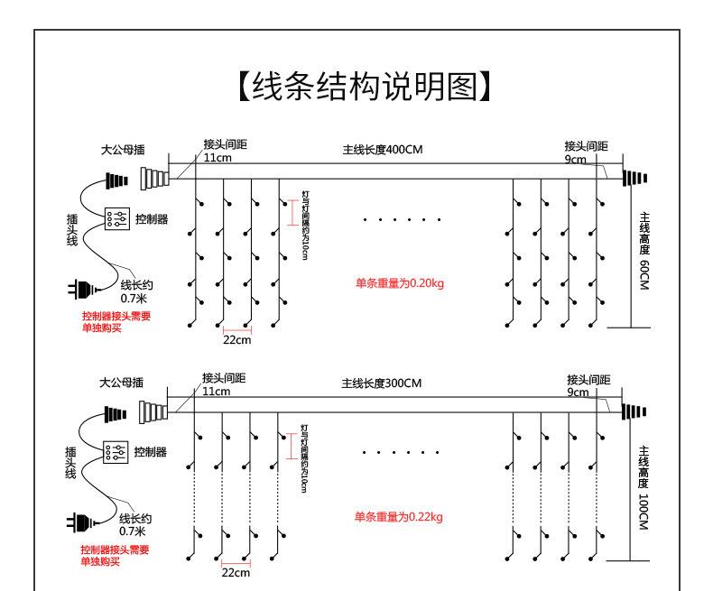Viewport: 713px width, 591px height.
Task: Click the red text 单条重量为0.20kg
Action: (x=399, y=282)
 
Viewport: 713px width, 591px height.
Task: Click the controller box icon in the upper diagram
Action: (x=116, y=219)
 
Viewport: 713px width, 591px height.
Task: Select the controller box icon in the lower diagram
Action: (x=116, y=452)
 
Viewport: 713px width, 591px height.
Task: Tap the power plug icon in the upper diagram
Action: (x=80, y=289)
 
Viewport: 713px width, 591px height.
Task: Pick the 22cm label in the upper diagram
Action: (x=236, y=339)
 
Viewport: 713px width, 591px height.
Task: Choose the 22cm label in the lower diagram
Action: (x=236, y=572)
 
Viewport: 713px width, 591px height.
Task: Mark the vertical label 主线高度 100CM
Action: (x=644, y=487)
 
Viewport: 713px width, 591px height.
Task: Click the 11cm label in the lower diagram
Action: (x=216, y=392)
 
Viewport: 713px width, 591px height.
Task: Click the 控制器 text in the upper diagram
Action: (x=151, y=219)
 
